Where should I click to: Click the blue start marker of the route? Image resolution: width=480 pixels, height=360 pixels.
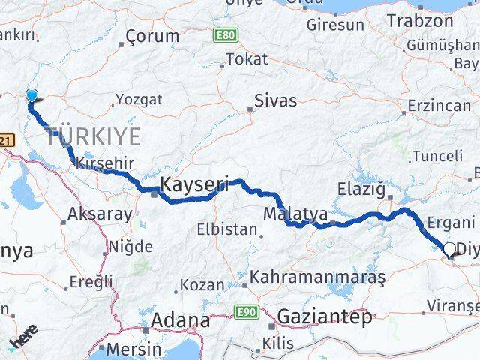tap(31, 95)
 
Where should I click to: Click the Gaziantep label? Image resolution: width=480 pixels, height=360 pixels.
tap(324, 317)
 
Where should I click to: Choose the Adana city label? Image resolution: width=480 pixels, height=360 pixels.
tap(181, 320)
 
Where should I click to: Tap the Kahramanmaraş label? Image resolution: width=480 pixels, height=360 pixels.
tap(318, 277)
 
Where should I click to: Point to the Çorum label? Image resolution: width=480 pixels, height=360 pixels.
tap(153, 35)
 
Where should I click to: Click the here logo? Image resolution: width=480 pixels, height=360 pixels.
tap(22, 338)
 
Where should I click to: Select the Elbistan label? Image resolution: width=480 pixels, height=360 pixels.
tap(227, 229)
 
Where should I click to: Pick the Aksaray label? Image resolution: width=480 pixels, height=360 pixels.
tap(100, 214)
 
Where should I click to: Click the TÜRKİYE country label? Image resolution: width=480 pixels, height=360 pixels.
tap(93, 137)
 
